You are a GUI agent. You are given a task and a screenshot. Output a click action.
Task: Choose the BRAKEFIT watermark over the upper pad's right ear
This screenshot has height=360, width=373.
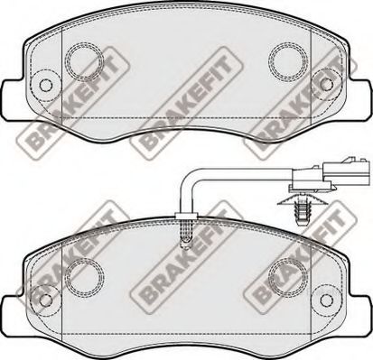coord(294,125)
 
